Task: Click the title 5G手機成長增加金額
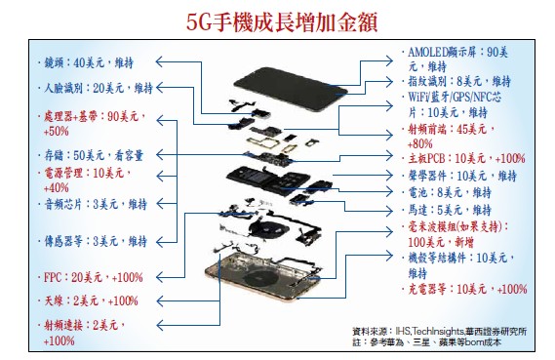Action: point(282,21)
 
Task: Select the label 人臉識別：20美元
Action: point(84,88)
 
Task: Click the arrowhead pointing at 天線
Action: point(159,301)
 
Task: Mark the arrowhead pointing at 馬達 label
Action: point(390,212)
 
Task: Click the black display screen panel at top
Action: point(291,89)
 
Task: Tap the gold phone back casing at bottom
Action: point(262,278)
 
